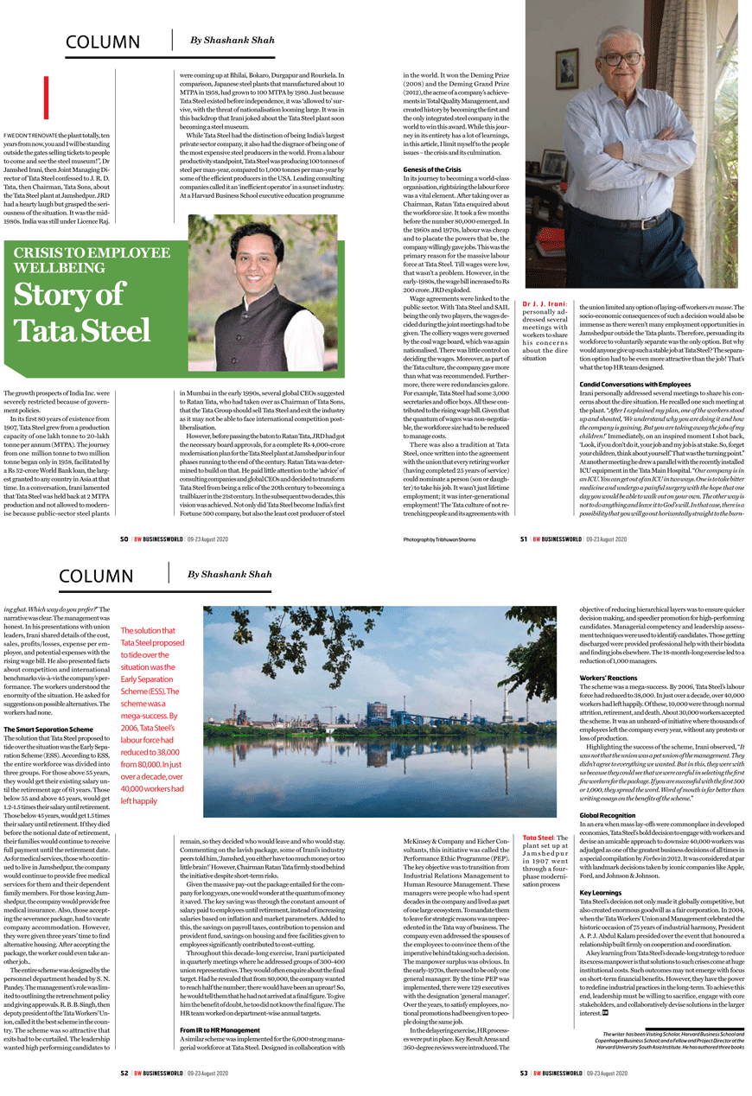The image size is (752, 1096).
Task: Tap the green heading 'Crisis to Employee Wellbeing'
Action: click(x=91, y=259)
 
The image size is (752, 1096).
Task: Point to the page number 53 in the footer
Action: click(x=524, y=1073)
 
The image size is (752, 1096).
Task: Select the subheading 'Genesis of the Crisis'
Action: click(x=432, y=169)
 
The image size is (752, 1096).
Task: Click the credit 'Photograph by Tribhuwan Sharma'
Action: click(x=440, y=539)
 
